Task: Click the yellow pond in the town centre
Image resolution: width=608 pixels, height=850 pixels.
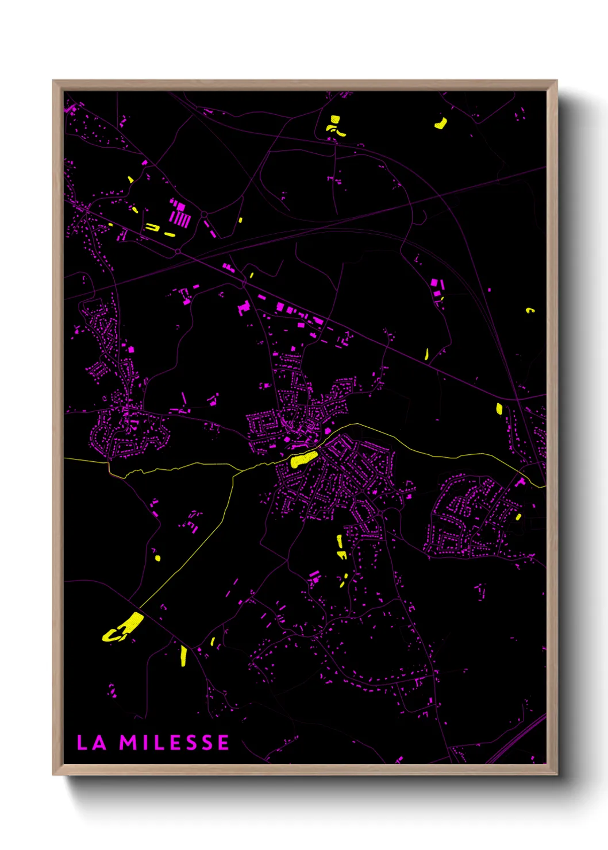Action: [303, 459]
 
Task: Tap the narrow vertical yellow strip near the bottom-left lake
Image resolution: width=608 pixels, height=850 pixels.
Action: [183, 655]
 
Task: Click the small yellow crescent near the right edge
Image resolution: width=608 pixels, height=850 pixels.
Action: [530, 310]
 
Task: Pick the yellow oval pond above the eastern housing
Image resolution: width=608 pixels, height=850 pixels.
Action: [499, 408]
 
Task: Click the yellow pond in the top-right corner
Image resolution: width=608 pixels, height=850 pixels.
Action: [441, 123]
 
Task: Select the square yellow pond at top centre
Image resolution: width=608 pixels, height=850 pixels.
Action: [334, 120]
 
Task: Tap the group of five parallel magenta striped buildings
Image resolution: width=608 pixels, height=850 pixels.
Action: [180, 219]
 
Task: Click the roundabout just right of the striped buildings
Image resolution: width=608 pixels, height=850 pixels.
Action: [204, 215]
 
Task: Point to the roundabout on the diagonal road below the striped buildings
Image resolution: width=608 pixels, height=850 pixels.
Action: [178, 252]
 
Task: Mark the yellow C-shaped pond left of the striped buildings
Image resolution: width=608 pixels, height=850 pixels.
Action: [152, 227]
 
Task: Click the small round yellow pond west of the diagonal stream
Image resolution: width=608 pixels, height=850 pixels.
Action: [157, 557]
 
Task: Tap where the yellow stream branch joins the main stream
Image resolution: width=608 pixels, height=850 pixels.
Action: [235, 473]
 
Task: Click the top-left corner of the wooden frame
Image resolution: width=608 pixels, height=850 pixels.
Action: [53, 81]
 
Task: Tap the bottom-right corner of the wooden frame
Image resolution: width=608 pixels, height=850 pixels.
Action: [557, 775]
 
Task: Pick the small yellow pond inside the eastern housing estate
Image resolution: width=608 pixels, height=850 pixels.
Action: [518, 517]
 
